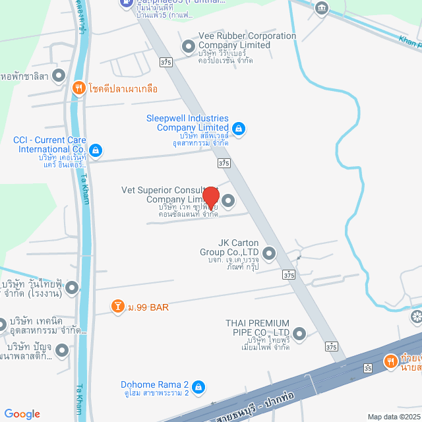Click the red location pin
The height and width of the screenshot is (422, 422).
tap(211, 197)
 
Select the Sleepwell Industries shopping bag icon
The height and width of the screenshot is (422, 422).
tap(239, 128)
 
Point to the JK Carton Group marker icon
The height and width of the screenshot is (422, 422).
tap(268, 253)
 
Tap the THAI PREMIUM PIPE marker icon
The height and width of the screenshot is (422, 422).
tap(300, 334)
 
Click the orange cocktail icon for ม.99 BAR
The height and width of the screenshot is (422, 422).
tap(118, 307)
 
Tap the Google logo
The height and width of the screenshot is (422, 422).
tap(22, 414)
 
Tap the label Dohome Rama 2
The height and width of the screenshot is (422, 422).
tap(155, 384)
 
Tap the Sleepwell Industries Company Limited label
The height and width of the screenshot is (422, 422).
tap(187, 123)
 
